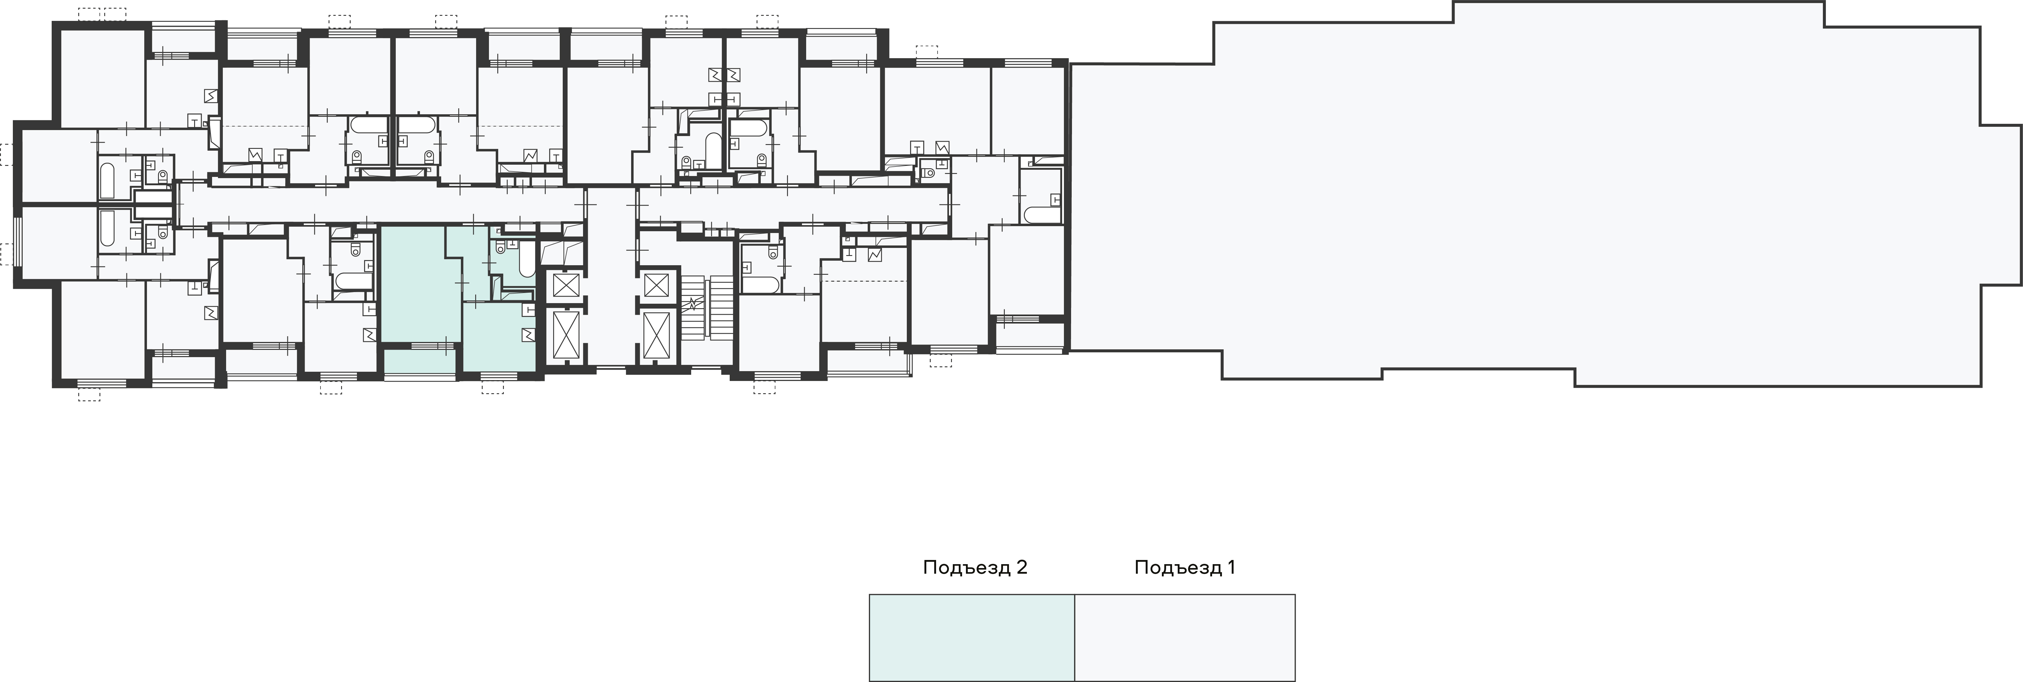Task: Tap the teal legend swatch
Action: point(971,637)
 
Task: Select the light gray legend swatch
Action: point(1184,637)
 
